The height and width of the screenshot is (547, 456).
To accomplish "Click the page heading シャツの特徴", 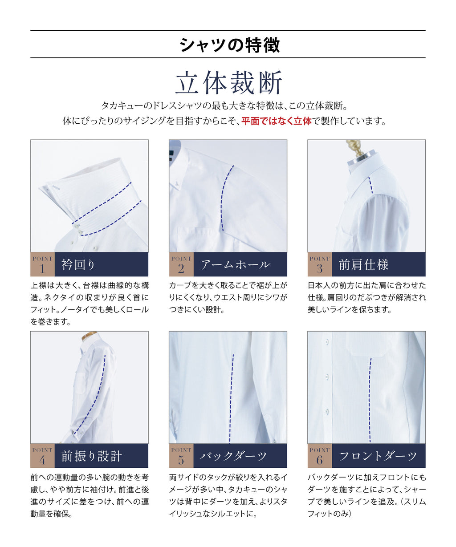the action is tap(230, 45).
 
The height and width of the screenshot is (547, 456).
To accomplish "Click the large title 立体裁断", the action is tap(229, 82).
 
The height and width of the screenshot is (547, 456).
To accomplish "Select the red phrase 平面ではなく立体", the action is tap(277, 121).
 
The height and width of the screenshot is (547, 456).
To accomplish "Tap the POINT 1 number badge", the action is tap(42, 264).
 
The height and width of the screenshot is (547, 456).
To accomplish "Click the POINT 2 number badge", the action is tap(181, 264).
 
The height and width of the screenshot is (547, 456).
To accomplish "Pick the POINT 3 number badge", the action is tap(320, 264).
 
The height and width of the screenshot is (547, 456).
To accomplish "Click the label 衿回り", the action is tap(78, 264).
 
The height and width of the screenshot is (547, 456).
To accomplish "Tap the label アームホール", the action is tap(235, 264).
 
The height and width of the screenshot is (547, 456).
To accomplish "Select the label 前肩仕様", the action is tap(363, 264).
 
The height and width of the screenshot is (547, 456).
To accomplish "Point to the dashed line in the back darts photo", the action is tap(231, 399).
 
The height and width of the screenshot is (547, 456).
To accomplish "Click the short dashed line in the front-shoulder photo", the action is tap(370, 185).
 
